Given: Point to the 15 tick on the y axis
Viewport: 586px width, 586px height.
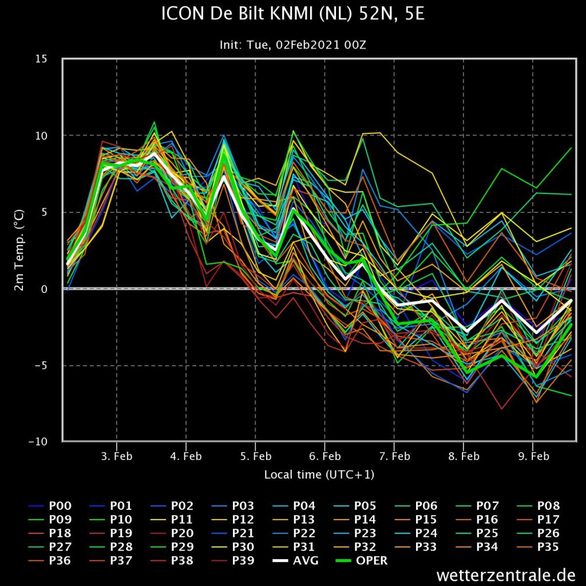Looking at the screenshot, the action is [x=41, y=59].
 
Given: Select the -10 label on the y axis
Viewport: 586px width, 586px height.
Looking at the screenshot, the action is [x=38, y=441].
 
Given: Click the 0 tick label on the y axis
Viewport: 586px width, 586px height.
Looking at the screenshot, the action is [x=44, y=289].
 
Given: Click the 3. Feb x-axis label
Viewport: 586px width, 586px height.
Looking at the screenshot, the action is [x=117, y=456].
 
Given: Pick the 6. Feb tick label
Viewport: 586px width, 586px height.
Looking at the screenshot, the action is [x=325, y=456].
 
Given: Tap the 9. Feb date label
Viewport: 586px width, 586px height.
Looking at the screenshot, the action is [x=533, y=456].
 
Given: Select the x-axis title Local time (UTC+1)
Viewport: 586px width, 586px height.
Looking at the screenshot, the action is [x=319, y=474].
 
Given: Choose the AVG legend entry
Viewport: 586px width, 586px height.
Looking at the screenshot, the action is [x=296, y=561].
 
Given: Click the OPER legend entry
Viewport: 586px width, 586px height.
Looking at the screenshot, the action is [x=362, y=561].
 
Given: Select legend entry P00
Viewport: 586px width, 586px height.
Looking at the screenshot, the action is [x=50, y=506].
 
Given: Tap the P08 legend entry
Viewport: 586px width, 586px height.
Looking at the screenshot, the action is [x=538, y=506].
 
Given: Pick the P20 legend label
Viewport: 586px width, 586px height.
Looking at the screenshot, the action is [x=172, y=533].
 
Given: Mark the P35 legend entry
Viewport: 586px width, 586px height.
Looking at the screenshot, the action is [x=538, y=547].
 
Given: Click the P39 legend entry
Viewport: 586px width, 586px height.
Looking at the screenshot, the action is [x=233, y=561].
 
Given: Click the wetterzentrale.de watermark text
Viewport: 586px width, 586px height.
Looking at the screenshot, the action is [x=506, y=575].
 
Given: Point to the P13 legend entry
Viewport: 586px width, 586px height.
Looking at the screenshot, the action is [x=294, y=520].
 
